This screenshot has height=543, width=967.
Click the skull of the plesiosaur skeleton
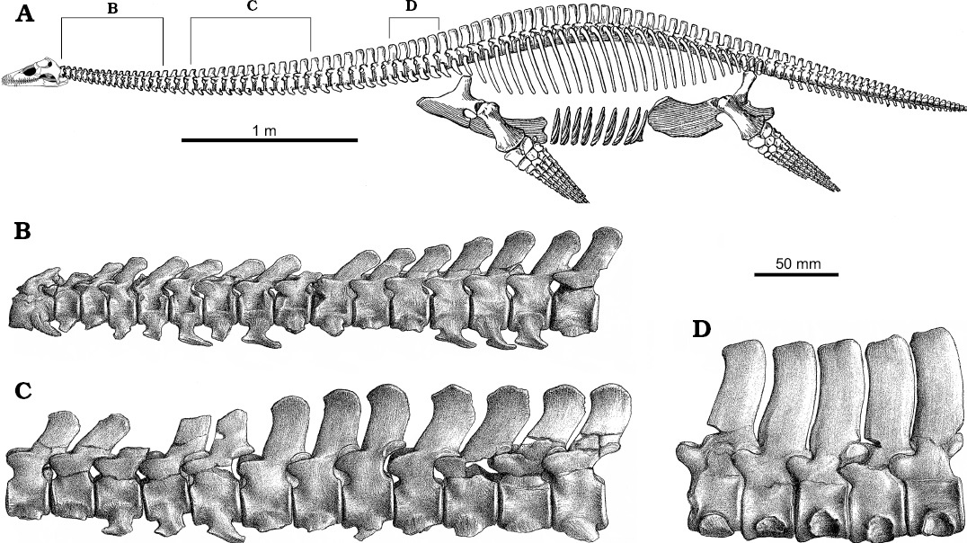click(x=34, y=74)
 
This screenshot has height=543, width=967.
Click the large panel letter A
click(x=24, y=14)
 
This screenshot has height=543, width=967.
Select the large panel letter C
click(x=22, y=390)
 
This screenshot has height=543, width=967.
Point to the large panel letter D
click(x=701, y=330)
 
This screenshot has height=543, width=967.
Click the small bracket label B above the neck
click(x=112, y=9)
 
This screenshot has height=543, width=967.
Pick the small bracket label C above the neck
click(x=251, y=6)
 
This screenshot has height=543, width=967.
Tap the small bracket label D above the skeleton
click(x=412, y=7)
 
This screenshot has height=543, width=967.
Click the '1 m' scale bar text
click(x=264, y=130)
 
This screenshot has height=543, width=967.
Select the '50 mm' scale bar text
click(x=798, y=263)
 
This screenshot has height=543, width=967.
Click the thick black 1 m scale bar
click(x=270, y=140)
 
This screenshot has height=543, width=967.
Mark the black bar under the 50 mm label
click(x=796, y=273)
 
